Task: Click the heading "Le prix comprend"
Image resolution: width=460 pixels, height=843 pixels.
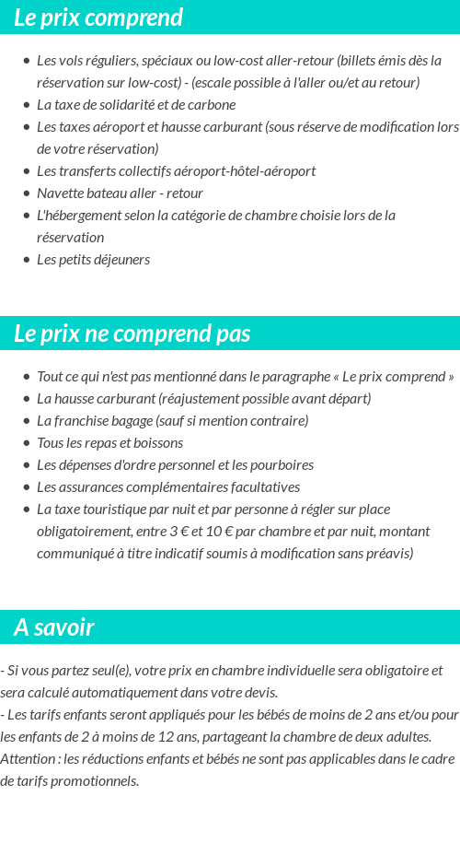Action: click(98, 18)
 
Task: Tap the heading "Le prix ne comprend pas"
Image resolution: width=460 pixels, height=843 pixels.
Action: click(132, 334)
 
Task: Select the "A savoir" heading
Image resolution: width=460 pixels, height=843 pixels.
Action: click(54, 627)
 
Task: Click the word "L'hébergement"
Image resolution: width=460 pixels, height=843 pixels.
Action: click(78, 216)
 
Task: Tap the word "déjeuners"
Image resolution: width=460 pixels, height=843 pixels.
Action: click(119, 260)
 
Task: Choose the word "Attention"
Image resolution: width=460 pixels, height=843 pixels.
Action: click(29, 759)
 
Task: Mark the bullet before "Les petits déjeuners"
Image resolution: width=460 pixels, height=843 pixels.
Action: click(26, 260)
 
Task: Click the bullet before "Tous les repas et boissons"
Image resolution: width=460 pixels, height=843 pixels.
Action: click(26, 443)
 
